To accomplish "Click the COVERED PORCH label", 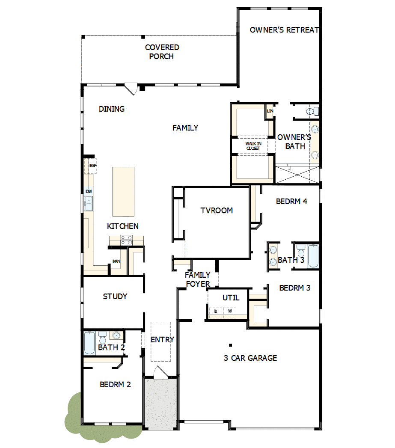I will [x=162, y=52].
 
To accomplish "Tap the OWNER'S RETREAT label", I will [x=284, y=30].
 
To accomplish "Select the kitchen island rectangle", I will [x=123, y=191].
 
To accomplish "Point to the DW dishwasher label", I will [x=89, y=191].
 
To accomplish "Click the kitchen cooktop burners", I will [x=126, y=240].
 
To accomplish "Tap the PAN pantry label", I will [x=116, y=261].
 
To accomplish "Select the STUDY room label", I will [x=115, y=296].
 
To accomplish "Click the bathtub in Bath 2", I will [x=89, y=343].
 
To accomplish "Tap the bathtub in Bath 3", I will [x=312, y=255].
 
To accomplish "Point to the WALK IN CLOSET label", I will [x=253, y=146].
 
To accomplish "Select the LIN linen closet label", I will [x=270, y=111].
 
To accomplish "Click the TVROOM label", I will [x=217, y=210].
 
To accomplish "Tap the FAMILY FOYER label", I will [x=197, y=279].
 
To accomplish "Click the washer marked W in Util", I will [x=230, y=311].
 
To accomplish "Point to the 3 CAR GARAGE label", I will [x=250, y=358].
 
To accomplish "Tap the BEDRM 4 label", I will [x=291, y=201].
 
